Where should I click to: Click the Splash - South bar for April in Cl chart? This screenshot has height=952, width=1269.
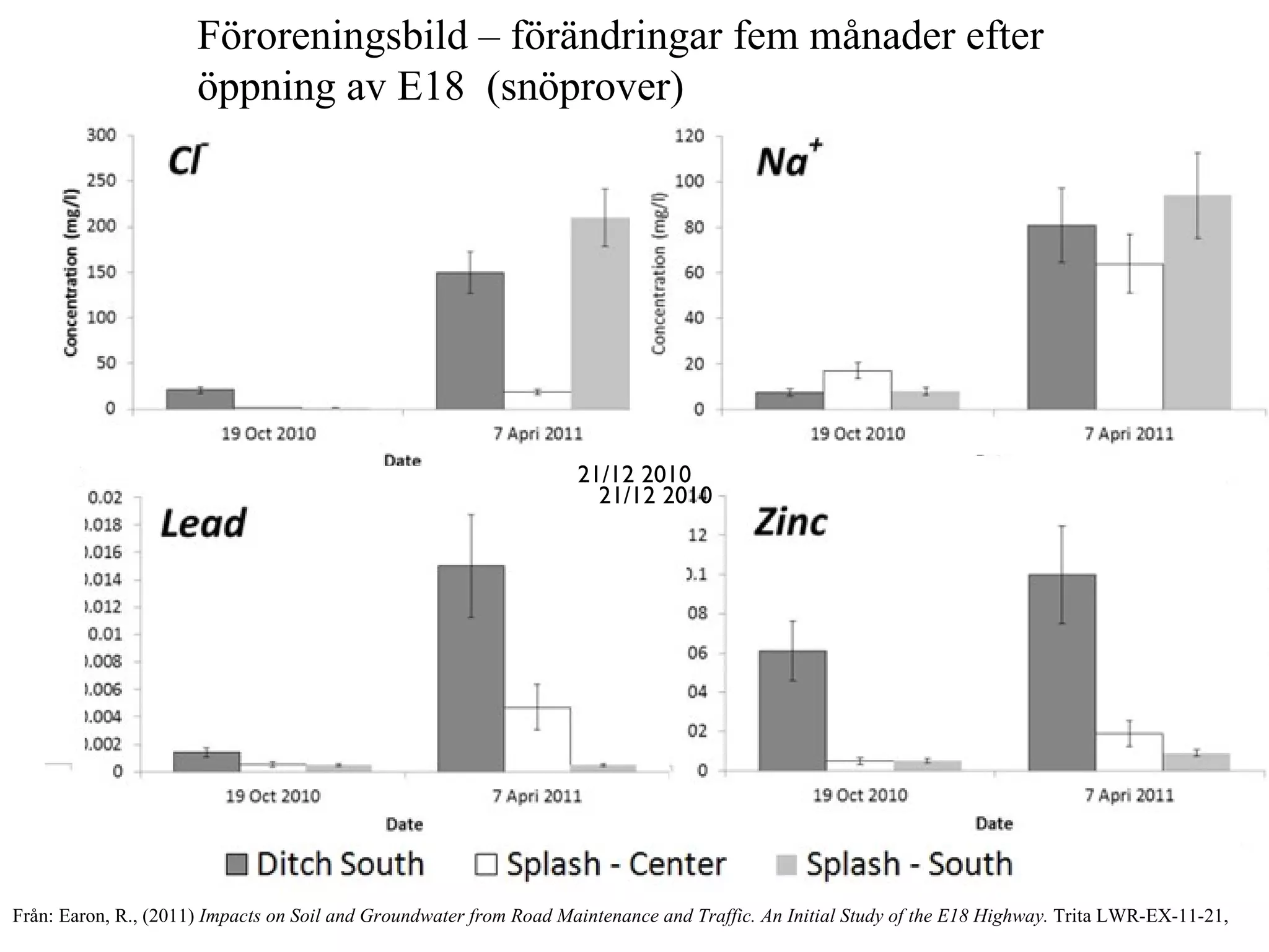600,313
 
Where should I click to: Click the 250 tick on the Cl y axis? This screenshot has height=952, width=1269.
100,181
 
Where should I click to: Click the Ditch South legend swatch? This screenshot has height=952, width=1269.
236,864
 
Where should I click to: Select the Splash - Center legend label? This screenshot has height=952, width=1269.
616,864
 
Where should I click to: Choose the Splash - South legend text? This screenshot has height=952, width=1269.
909,864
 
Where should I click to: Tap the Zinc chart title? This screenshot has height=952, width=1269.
791,522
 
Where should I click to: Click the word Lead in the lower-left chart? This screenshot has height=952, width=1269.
203,524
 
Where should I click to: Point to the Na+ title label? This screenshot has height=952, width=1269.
787,161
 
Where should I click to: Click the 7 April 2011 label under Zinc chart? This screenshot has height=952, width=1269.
1129,795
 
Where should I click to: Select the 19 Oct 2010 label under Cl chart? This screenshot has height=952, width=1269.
268,434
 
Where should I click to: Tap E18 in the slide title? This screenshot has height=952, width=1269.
430,86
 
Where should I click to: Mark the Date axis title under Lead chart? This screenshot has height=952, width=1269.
404,824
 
